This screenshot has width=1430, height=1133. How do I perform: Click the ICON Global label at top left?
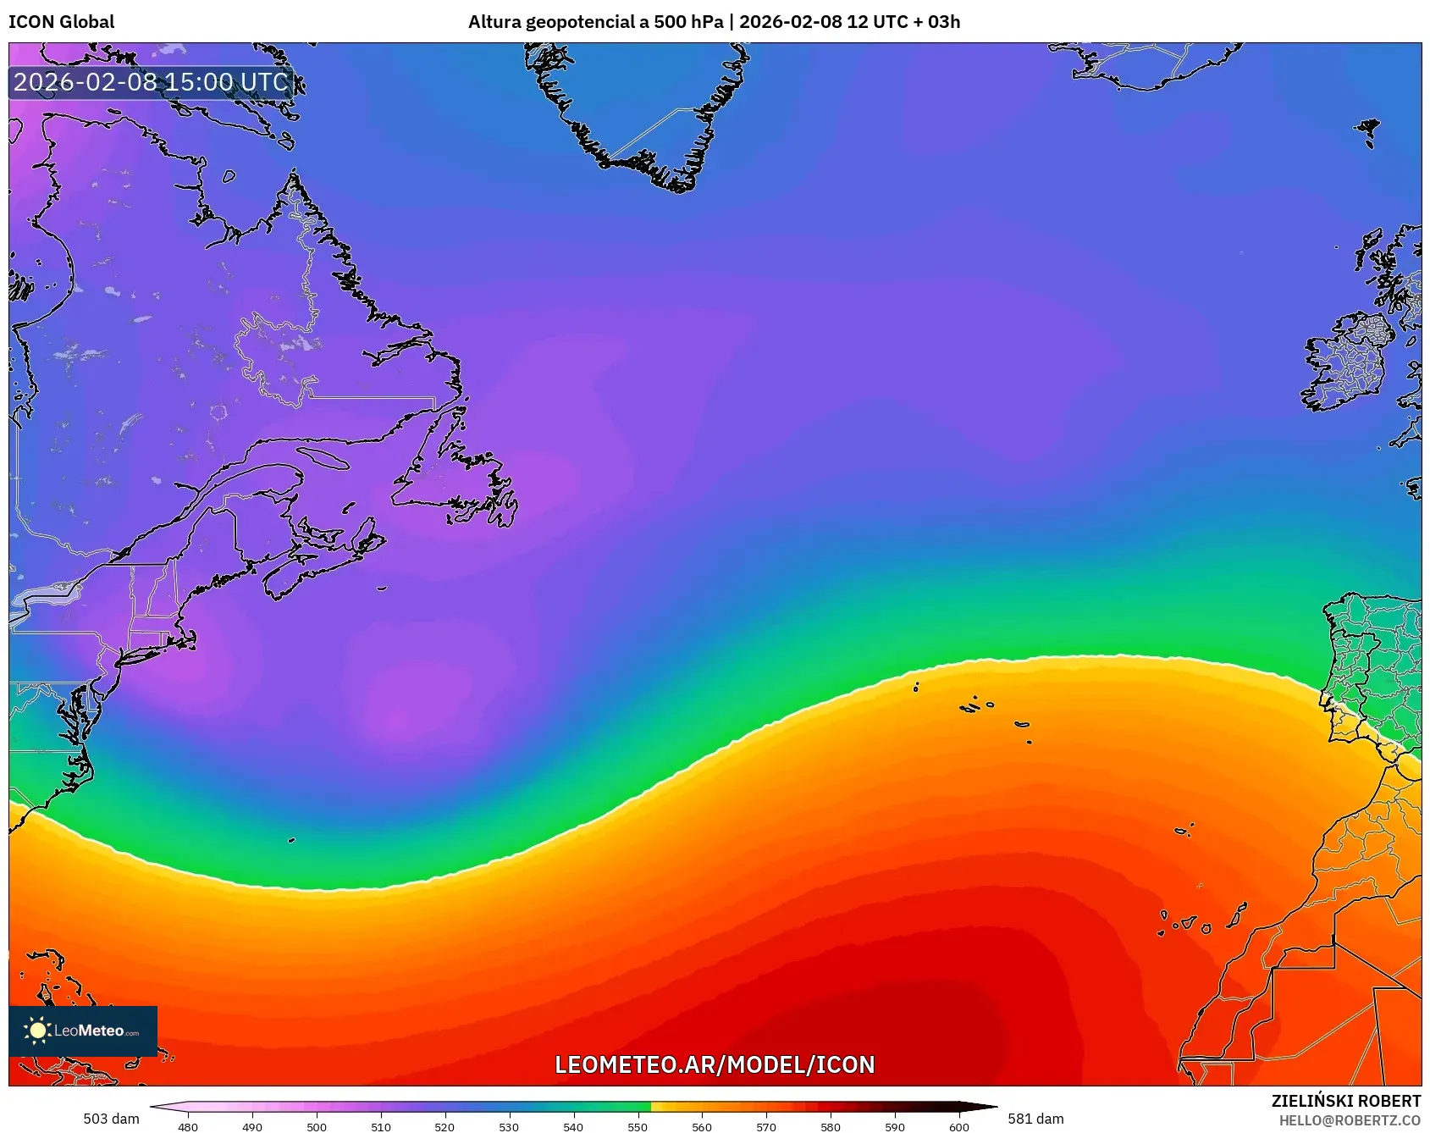click(61, 22)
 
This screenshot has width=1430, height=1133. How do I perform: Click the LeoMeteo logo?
click(83, 1031)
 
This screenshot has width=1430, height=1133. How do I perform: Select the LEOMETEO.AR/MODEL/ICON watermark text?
click(715, 1064)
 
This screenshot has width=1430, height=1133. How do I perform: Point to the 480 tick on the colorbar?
click(188, 1126)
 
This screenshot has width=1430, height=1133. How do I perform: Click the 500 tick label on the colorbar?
click(317, 1126)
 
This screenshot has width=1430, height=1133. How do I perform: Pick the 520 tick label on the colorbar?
click(444, 1126)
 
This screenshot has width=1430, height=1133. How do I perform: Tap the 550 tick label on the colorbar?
click(638, 1126)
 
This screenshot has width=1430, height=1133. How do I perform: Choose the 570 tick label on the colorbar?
click(766, 1126)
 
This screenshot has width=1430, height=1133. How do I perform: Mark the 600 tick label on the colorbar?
click(959, 1126)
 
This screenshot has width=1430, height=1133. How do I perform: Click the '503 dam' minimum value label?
click(111, 1119)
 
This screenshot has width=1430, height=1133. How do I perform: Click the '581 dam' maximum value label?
click(1035, 1119)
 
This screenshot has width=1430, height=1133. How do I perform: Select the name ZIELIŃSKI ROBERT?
click(1346, 1101)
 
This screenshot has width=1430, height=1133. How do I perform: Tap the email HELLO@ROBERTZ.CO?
click(1350, 1120)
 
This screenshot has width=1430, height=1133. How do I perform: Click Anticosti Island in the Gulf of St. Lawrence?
click(323, 458)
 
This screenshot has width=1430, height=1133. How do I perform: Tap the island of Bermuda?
click(291, 840)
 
